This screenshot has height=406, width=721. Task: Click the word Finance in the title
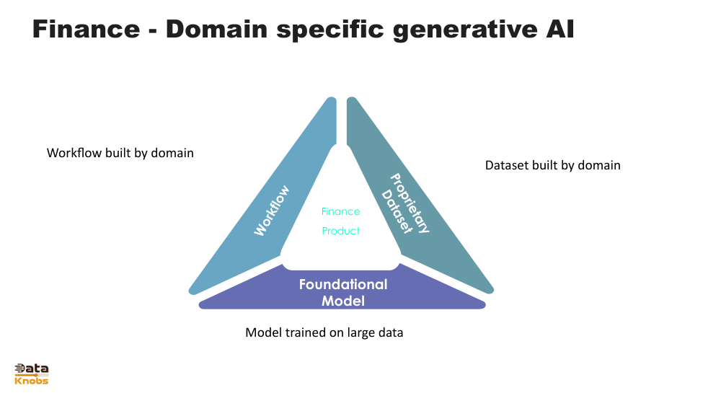(86, 29)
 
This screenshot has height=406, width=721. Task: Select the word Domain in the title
(216, 29)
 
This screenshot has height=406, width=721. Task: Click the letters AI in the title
(560, 29)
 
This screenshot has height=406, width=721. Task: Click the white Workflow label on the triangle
(272, 210)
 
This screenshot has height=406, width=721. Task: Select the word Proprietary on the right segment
(410, 203)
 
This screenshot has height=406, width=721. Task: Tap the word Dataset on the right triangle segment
(396, 211)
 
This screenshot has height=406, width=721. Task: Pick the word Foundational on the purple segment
(343, 285)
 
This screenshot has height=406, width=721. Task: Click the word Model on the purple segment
(343, 301)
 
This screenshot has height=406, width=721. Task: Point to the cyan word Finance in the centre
(341, 211)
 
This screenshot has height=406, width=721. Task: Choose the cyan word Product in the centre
(341, 231)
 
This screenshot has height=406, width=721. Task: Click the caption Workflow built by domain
(120, 153)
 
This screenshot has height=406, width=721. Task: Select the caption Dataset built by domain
(553, 166)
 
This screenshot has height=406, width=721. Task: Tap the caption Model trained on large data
(324, 332)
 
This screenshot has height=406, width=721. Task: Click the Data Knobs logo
(31, 374)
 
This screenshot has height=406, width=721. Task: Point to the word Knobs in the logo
(31, 381)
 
